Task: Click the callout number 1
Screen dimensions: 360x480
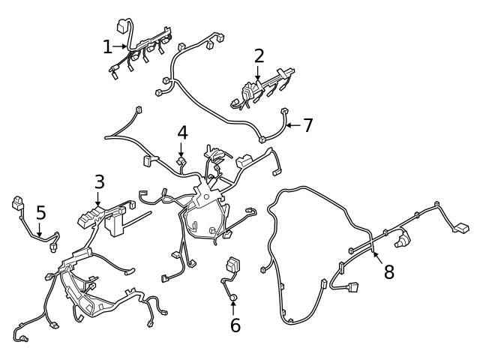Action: (x=107, y=47)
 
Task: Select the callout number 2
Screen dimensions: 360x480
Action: (x=259, y=55)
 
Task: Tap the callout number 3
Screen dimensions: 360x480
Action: (x=99, y=182)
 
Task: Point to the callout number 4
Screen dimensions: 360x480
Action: (x=182, y=133)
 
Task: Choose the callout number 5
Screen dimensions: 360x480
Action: (x=40, y=212)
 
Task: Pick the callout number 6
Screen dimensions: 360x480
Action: (x=235, y=325)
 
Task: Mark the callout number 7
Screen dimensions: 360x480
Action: (x=307, y=125)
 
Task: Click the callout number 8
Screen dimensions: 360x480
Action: (x=388, y=271)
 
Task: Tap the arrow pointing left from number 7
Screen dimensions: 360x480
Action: (x=291, y=125)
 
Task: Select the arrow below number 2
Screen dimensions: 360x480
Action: (x=259, y=73)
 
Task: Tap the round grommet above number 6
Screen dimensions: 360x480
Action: (x=233, y=298)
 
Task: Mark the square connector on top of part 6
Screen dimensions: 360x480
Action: (x=232, y=266)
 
